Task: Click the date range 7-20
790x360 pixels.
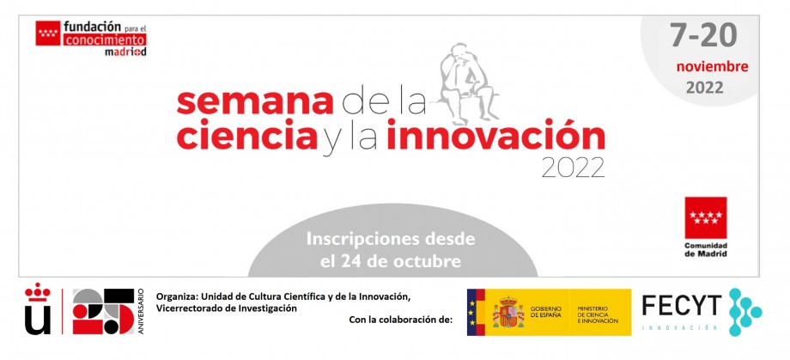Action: pos(703,34)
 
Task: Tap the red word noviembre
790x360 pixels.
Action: pos(712,66)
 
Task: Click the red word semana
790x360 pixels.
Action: pos(255,102)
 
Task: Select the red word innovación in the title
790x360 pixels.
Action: pos(495,135)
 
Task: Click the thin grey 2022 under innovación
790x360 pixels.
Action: pos(574,168)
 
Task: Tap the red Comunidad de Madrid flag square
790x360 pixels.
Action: pos(705,217)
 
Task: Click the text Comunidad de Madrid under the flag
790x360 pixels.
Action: pos(705,249)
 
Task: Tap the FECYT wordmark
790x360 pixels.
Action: pos(681,306)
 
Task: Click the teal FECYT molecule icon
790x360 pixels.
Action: pos(744,312)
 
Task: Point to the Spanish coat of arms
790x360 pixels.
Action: pos(508,313)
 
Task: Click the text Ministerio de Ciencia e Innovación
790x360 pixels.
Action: pos(598,314)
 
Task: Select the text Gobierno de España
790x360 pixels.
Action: pos(545,312)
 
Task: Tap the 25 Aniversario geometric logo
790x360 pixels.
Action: pos(108,311)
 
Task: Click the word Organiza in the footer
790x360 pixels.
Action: pos(173,297)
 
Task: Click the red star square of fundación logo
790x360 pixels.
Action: pos(48,34)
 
